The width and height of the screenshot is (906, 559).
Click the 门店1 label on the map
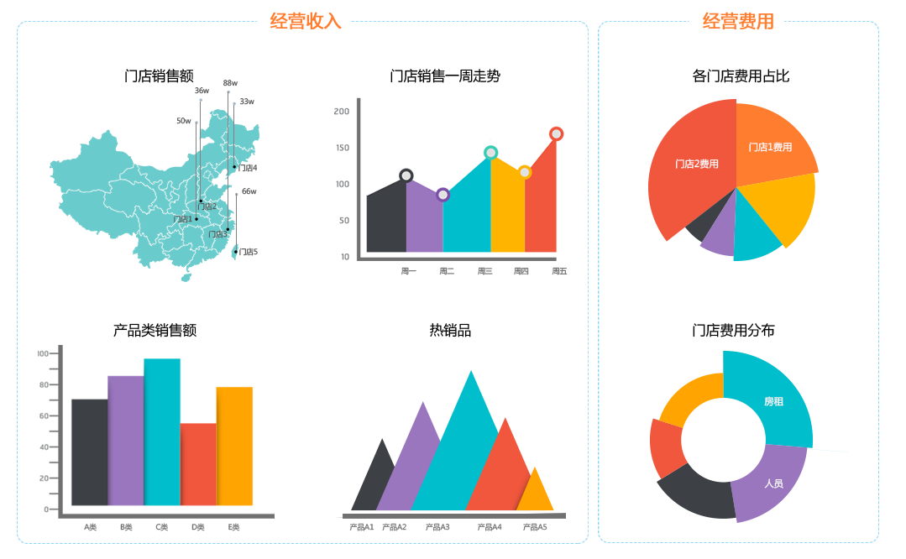pyautogui.click(x=182, y=219)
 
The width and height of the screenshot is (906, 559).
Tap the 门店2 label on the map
pyautogui.click(x=207, y=206)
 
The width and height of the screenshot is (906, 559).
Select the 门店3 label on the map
pyautogui.click(x=217, y=234)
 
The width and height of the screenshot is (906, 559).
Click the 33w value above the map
pyautogui.click(x=246, y=102)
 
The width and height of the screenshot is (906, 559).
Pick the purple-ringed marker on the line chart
pyautogui.click(x=443, y=196)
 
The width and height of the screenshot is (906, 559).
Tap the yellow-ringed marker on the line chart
pyautogui.click(x=526, y=173)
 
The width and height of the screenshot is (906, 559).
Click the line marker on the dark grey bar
pyautogui.click(x=406, y=176)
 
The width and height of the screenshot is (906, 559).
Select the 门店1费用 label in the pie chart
pyautogui.click(x=770, y=147)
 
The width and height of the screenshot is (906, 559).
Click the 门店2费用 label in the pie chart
pyautogui.click(x=697, y=164)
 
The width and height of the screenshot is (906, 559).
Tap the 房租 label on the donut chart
pyautogui.click(x=773, y=401)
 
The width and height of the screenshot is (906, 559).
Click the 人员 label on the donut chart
pyautogui.click(x=773, y=483)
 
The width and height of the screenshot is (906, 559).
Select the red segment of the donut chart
pyautogui.click(x=666, y=447)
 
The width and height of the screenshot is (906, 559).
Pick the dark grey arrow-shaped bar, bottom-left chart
pyautogui.click(x=87, y=445)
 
